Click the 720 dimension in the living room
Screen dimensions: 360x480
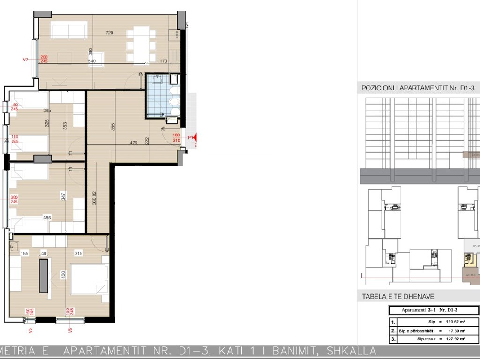coord(110,33)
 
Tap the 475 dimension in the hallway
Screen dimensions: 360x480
coord(133,143)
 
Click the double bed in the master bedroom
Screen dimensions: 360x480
coord(89,280)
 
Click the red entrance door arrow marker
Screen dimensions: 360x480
coord(195,138)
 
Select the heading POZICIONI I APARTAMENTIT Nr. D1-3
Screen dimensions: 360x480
coord(420,88)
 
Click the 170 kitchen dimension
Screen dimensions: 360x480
coord(164,61)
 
